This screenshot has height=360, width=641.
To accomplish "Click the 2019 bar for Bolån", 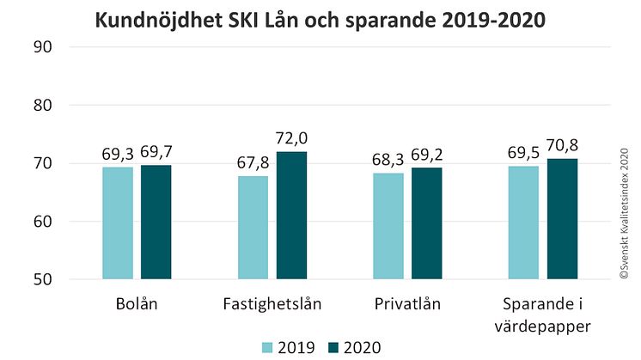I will click(x=118, y=223).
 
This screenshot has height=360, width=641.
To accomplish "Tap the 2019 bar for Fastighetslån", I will click(x=253, y=228).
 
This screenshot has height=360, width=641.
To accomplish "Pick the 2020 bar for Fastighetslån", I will click(x=291, y=215).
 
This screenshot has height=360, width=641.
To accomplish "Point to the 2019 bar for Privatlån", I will click(x=388, y=226).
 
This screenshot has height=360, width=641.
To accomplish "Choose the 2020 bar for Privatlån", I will click(x=426, y=223).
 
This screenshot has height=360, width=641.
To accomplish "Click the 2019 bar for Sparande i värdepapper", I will click(x=524, y=223).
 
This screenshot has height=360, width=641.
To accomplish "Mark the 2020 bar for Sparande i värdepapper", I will click(x=562, y=218).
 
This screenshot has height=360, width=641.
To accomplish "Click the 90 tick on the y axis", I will click(x=44, y=46).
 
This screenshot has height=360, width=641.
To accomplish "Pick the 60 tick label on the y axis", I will click(x=44, y=222).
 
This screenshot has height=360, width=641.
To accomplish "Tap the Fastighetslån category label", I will click(x=272, y=304).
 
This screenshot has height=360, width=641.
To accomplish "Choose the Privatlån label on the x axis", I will click(x=407, y=304).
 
